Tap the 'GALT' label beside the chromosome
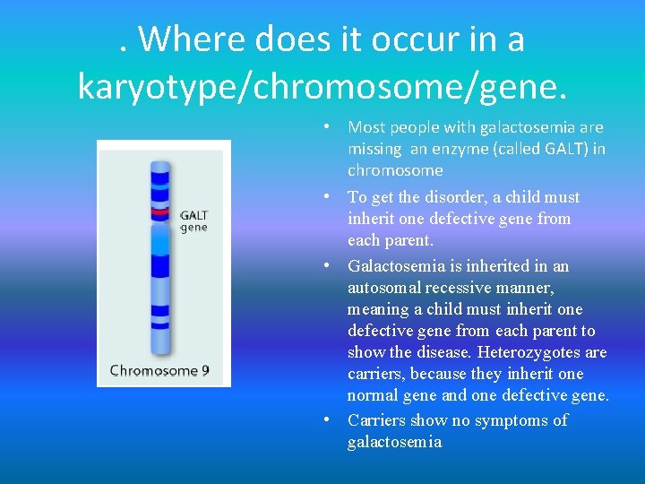194,214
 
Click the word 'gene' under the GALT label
193,228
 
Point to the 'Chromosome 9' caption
159,369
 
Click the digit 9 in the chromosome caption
205,369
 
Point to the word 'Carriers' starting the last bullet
377,420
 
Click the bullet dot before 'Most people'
331,127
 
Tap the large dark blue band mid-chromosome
160,266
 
